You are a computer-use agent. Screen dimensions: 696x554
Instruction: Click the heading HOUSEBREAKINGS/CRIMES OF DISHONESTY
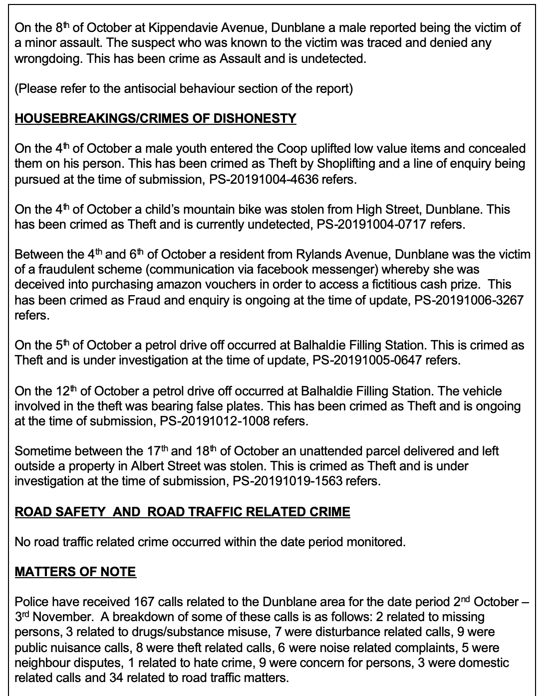coord(155,118)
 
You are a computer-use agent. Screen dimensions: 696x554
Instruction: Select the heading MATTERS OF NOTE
coord(75,572)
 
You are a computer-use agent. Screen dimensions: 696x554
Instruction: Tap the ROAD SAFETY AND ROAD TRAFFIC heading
coord(182,512)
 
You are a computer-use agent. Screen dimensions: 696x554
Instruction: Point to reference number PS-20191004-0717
coord(372,225)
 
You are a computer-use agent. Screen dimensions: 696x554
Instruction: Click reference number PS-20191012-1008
coord(215,421)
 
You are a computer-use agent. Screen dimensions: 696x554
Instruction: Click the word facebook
coord(283,270)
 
